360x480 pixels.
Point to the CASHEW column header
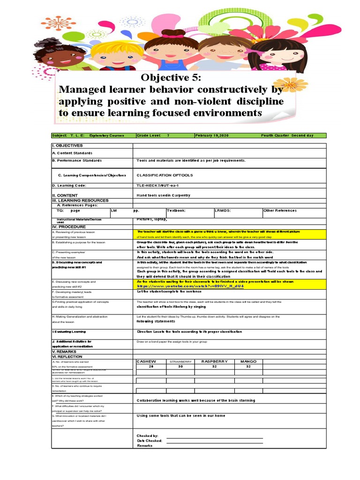146,361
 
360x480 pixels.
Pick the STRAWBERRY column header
181,362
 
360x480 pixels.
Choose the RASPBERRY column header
214,361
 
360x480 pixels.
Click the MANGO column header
248,361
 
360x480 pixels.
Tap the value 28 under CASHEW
151,367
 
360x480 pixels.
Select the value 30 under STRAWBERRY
180,367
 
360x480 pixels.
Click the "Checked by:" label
147,435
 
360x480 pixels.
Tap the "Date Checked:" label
150,441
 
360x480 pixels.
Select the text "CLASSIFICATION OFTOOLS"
158,175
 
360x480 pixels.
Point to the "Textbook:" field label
176,211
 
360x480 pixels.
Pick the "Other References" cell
280,211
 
